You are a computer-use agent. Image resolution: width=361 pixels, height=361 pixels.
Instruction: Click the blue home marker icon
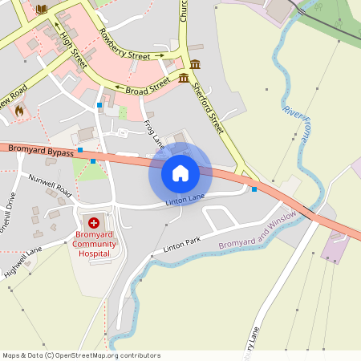180,173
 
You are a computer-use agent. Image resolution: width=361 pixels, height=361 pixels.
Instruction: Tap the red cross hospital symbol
94,222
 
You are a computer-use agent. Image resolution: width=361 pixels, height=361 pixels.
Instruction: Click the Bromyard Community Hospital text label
94,244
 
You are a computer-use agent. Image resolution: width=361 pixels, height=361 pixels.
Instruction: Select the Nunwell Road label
50,185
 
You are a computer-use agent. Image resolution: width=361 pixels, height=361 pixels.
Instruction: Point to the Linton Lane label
185,200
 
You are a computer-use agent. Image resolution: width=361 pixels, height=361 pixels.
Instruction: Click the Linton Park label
181,244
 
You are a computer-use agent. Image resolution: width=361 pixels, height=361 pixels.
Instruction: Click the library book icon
42,9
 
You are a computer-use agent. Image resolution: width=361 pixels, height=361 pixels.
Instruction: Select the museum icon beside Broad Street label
185,78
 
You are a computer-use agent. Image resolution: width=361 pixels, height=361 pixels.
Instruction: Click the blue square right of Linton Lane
254,189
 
